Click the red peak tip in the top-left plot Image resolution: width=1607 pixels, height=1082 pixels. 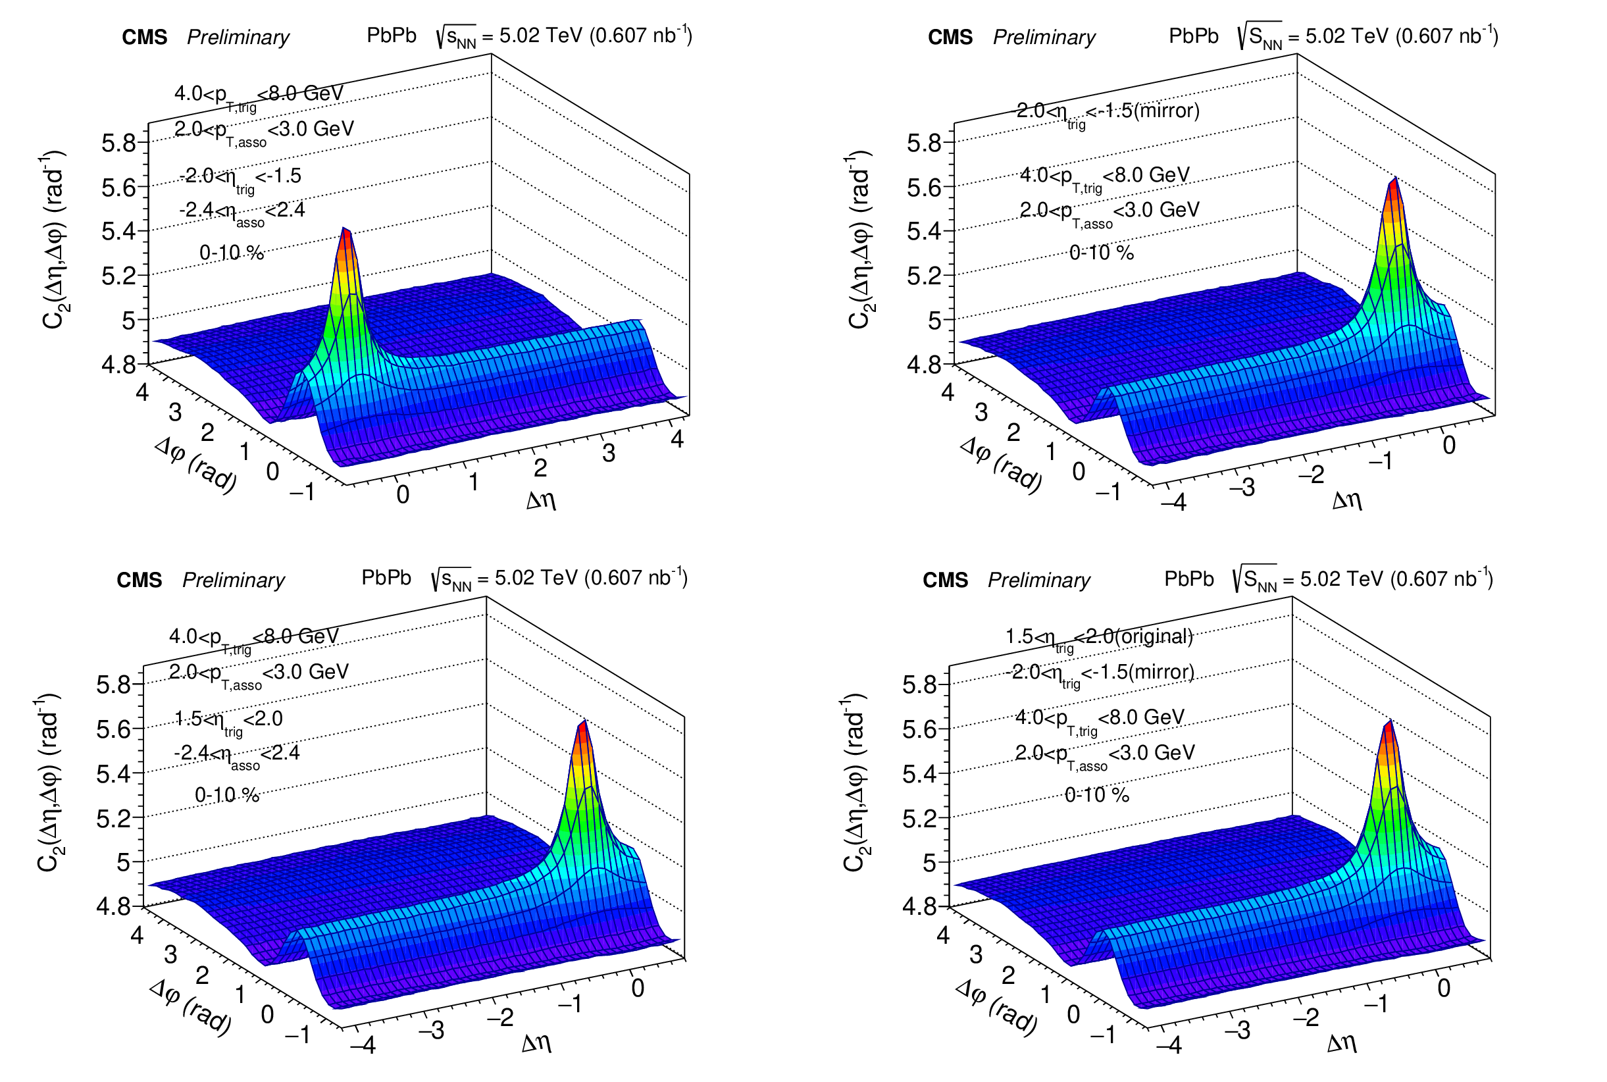click(x=345, y=230)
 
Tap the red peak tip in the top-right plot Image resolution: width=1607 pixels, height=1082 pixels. click(x=1395, y=179)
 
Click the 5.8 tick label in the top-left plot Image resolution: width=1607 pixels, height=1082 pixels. click(x=118, y=143)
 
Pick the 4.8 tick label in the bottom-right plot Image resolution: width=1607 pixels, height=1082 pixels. click(x=920, y=906)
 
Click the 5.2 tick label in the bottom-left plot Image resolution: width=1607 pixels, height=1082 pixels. click(x=114, y=818)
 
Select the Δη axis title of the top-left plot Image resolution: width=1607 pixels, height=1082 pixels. click(x=541, y=500)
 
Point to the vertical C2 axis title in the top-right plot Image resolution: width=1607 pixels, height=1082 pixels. click(x=859, y=240)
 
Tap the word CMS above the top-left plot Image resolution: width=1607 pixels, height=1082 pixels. click(x=144, y=37)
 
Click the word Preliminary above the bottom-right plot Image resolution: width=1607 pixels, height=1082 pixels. click(x=1038, y=580)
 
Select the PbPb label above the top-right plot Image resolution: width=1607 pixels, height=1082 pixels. click(x=1194, y=36)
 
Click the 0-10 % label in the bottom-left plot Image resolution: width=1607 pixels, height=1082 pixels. click(x=227, y=795)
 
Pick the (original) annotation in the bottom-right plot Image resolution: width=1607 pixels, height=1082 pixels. click(x=1154, y=636)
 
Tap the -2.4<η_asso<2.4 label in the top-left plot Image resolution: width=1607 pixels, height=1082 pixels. click(x=242, y=211)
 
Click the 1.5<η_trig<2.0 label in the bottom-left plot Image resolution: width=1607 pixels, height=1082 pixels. click(x=228, y=721)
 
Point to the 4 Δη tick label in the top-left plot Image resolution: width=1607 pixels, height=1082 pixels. click(x=677, y=439)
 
